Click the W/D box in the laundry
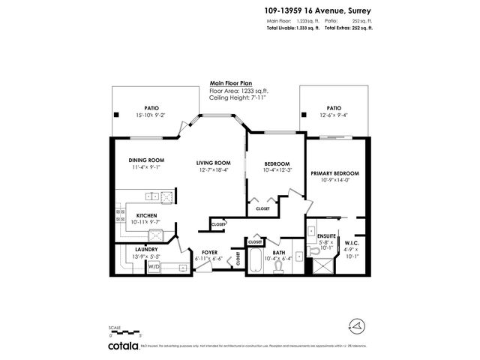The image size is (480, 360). [154, 265]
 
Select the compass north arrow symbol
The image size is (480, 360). [358, 325]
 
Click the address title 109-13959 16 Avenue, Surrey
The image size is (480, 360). [319, 10]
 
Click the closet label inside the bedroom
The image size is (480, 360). [262, 208]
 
